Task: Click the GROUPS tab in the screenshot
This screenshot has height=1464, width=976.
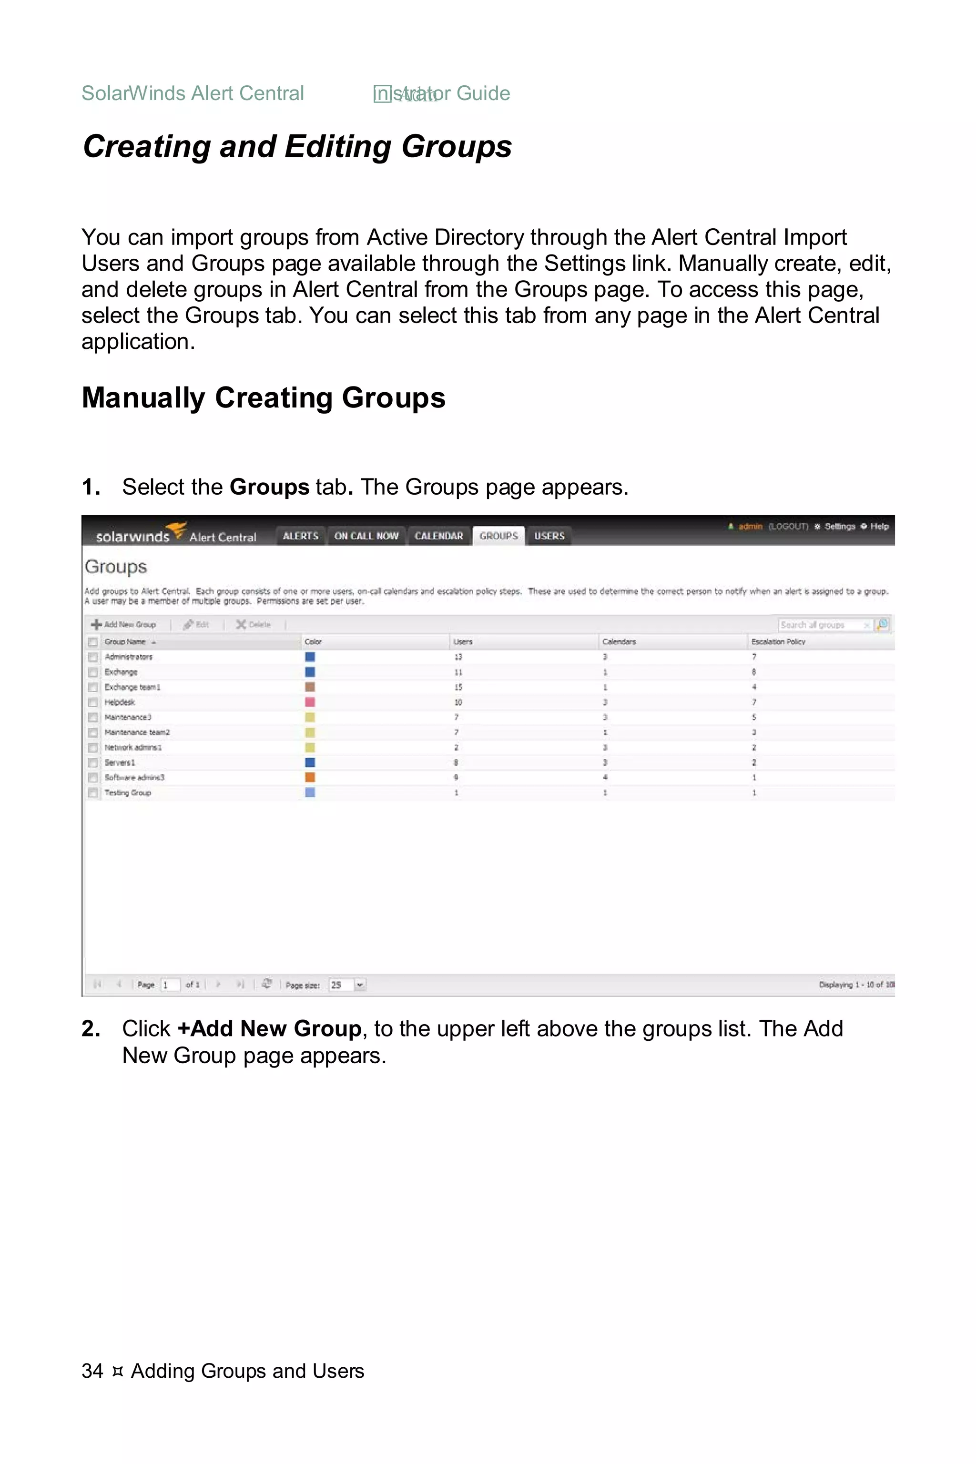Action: point(498,536)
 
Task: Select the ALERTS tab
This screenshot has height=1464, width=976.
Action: point(300,536)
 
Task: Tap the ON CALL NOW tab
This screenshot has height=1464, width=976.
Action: point(366,536)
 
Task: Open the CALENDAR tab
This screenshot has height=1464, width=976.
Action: point(439,536)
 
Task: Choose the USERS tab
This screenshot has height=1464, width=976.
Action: point(549,536)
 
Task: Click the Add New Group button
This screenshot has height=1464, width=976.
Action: point(124,624)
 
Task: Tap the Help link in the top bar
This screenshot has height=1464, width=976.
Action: point(879,527)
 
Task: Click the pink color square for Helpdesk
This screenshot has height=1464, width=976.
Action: point(310,702)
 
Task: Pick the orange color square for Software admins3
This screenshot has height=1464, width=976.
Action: point(310,777)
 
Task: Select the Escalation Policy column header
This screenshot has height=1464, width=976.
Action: point(778,642)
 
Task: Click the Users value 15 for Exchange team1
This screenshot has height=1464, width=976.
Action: point(458,687)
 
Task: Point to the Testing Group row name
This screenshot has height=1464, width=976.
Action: point(128,793)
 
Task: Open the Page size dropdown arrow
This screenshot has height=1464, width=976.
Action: point(360,985)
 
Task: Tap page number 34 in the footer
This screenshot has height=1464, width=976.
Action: point(92,1371)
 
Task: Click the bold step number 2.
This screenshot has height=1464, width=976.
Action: point(91,1029)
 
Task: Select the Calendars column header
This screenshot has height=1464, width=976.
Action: point(619,642)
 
